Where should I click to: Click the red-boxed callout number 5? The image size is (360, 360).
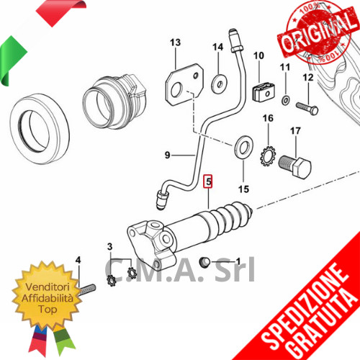[208, 181]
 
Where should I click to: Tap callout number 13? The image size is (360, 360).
[175, 42]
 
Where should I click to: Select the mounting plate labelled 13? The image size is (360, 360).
[184, 84]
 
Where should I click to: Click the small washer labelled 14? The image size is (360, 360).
[220, 84]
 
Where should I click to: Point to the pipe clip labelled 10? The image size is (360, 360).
[264, 91]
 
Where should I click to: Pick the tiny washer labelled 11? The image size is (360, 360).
[285, 100]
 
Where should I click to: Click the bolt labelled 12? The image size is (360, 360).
[307, 108]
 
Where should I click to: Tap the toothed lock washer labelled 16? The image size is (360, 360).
[268, 156]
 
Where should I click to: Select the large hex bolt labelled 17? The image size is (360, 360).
[295, 166]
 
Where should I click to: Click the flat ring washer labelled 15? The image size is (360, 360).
[243, 148]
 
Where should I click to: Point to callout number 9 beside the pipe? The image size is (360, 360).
[167, 155]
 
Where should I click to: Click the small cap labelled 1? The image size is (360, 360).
[204, 262]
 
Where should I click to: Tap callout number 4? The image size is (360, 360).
[78, 260]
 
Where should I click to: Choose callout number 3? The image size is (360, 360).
[109, 246]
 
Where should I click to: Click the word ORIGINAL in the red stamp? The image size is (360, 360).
[318, 33]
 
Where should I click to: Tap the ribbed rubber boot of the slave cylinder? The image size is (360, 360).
[230, 216]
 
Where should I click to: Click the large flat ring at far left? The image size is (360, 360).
[40, 129]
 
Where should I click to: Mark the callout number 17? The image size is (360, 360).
[295, 131]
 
